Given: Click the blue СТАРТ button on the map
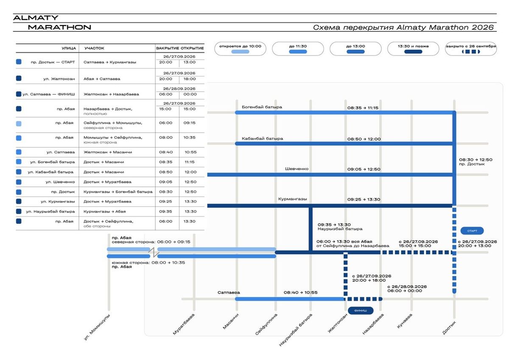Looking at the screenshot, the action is (472, 231).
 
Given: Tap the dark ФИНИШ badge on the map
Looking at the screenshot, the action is (361, 311).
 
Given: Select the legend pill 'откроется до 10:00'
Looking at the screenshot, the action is (240, 49).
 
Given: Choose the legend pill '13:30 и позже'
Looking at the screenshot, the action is (413, 49).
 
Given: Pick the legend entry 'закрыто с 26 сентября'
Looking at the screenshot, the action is (471, 49).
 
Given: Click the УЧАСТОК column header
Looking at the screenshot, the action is (94, 48).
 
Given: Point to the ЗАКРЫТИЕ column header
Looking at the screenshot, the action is (168, 48).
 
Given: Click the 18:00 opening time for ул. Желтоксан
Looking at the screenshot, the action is (190, 79).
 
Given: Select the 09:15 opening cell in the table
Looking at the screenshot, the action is (190, 123).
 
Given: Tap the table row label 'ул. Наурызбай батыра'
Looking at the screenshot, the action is (50, 211).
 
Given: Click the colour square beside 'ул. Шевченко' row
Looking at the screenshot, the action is (19, 182).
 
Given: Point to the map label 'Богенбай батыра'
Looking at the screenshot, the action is (262, 107).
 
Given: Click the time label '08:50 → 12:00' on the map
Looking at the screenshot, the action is (364, 139).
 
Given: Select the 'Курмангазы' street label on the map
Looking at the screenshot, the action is (292, 199).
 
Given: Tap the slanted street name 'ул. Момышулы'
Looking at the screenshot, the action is (97, 327).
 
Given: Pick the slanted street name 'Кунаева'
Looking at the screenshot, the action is (405, 321).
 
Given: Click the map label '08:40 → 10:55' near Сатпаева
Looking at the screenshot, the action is (300, 292).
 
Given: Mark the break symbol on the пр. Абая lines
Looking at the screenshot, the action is (154, 253).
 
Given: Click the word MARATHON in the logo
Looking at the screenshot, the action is (59, 27).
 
